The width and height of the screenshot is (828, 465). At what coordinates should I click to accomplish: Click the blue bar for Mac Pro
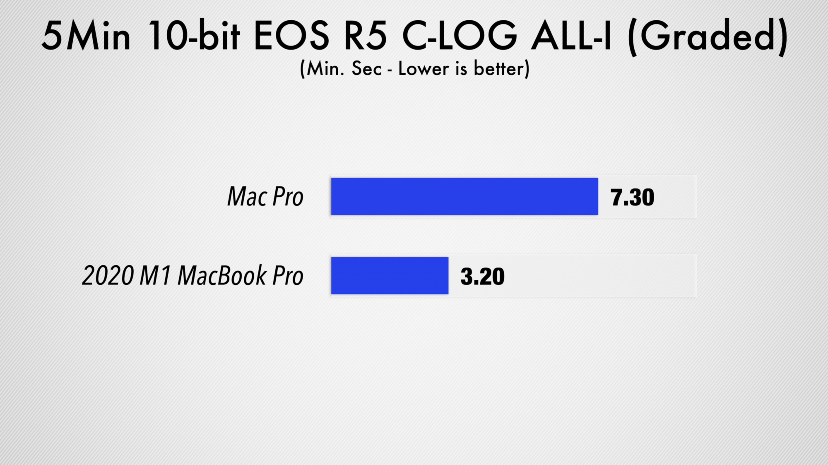465,196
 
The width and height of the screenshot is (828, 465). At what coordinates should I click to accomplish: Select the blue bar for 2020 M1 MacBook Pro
390,276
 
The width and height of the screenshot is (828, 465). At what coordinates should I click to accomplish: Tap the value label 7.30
632,197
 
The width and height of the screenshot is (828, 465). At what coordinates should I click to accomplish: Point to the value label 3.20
482,277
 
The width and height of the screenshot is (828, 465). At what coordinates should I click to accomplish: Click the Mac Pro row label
265,196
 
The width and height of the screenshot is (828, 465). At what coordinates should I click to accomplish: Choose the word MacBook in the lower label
222,276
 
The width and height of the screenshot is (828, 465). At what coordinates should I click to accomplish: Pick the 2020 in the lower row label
108,276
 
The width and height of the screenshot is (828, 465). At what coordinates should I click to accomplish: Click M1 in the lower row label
155,276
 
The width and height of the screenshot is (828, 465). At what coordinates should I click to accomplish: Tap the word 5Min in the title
86,36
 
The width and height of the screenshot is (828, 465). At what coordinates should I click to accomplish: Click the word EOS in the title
291,36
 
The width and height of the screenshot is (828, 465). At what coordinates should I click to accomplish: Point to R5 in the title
366,36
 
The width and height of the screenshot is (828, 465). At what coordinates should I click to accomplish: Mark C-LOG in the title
460,36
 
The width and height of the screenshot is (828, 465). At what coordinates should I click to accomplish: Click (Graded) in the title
708,37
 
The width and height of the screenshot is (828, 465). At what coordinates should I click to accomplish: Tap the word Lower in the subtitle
424,69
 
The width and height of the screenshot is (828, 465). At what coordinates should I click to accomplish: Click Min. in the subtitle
325,69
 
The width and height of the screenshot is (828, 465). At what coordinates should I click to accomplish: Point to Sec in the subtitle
366,69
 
